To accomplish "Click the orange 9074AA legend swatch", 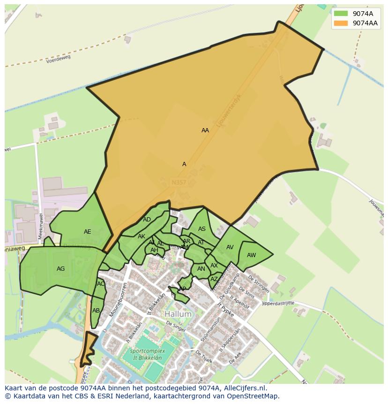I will click(341, 23).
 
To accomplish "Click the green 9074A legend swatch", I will click(341, 14).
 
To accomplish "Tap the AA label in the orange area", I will click(205, 130).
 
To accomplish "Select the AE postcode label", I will click(88, 232).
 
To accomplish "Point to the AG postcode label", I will click(60, 269).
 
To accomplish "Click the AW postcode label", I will click(252, 255).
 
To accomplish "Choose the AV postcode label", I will click(230, 247).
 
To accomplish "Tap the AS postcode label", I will click(202, 229).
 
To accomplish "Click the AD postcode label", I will click(147, 220).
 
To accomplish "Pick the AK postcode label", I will click(142, 236).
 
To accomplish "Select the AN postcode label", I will click(201, 269).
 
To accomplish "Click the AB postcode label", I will click(96, 311).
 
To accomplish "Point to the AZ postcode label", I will click(214, 279).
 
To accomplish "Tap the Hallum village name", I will click(178, 314).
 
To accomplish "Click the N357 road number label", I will click(179, 181).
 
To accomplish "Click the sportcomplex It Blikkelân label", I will click(146, 354).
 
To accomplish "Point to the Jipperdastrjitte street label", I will click(278, 304).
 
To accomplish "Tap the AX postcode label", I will click(214, 266).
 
